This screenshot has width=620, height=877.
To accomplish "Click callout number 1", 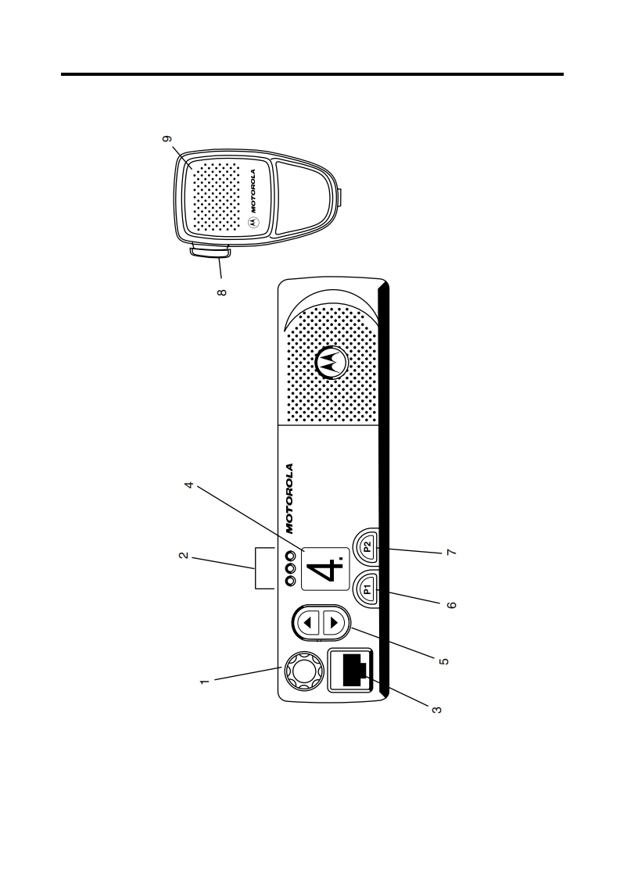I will coord(206,682).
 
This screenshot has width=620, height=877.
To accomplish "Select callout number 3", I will coord(438,710).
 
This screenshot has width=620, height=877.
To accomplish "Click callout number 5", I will coord(444,661).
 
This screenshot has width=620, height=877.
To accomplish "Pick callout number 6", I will coord(451,604).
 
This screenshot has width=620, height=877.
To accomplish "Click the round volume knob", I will coord(303,670).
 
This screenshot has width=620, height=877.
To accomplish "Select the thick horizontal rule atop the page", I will coord(313,75).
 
